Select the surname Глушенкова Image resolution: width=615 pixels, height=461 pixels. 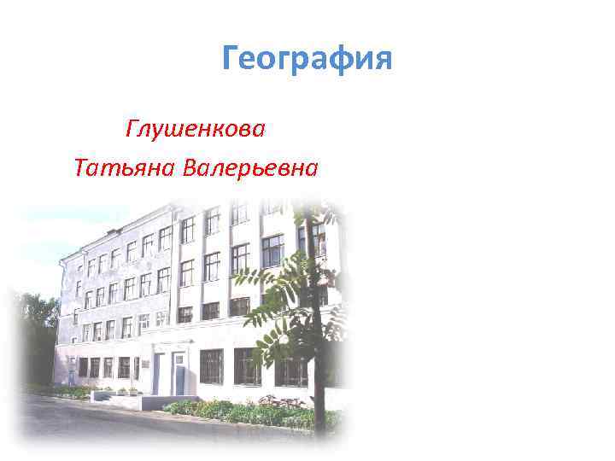[x=196, y=130]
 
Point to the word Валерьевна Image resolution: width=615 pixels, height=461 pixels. [x=250, y=167]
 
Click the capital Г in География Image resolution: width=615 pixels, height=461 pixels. [x=231, y=60]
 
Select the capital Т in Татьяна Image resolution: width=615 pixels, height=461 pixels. [x=81, y=167]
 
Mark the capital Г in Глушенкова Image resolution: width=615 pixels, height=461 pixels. [x=133, y=130]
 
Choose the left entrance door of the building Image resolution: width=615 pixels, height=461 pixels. [x=158, y=376]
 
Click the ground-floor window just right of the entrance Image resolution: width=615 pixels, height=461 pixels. [x=211, y=365]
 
